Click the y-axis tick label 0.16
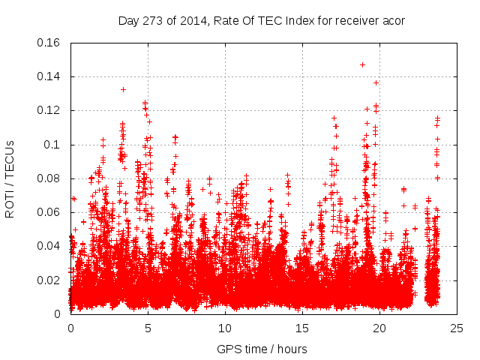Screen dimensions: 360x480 coord(50,43)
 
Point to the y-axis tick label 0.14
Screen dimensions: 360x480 coord(50,76)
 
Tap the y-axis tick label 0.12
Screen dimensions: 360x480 coord(50,110)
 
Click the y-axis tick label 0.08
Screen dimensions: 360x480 coord(50,178)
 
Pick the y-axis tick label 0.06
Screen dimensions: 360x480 coord(50,212)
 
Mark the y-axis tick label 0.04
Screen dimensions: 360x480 coord(50,246)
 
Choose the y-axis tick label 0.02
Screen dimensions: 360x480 coord(50,280)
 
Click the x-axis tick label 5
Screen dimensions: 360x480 coord(148,328)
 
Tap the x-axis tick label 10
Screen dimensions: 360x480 coord(225,328)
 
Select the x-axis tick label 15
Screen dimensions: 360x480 coord(302,328)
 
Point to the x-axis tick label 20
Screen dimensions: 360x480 coord(379,328)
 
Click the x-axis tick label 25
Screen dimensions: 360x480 coord(457,328)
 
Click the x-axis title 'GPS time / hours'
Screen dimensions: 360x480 coord(263,349)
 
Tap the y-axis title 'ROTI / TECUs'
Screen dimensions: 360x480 coord(10,178)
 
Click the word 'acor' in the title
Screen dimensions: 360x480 coord(393,20)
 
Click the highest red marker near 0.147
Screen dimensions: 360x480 coord(362,64)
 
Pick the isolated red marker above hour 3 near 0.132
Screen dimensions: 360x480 coord(123,90)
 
